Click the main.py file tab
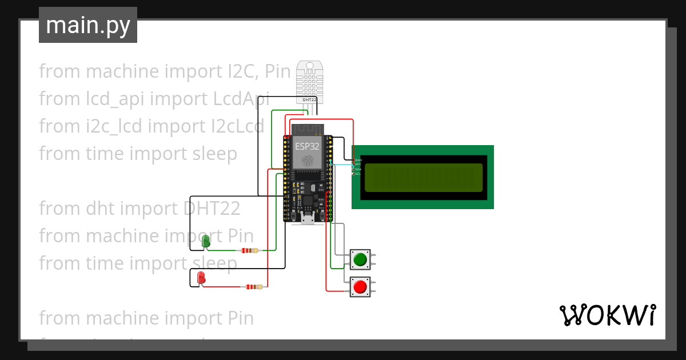88,25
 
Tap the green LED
206,242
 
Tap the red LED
201,278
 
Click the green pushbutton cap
360,260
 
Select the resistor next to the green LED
249,250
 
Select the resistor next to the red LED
253,287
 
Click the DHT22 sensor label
309,99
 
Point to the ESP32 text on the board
307,146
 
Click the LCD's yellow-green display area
424,177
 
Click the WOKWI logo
607,315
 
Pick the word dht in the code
97,209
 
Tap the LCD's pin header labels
357,167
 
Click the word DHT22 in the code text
212,209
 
